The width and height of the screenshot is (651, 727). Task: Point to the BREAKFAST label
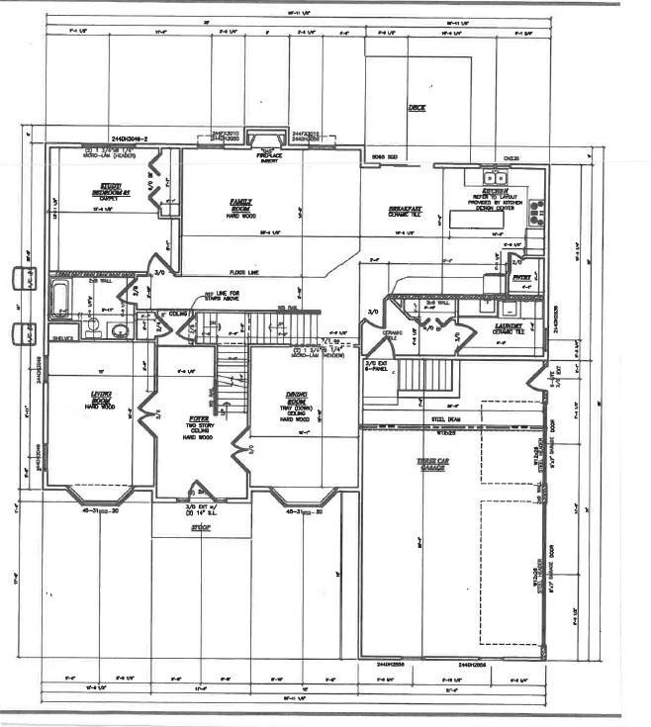(x=406, y=210)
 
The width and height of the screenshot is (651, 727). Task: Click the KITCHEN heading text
(x=496, y=192)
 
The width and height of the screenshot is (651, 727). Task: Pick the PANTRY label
(x=521, y=279)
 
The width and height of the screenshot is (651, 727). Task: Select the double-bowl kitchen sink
(x=496, y=179)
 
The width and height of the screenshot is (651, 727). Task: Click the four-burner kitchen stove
(x=536, y=210)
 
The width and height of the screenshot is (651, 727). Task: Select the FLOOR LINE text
(x=244, y=270)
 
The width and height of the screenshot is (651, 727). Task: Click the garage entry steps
(x=425, y=376)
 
